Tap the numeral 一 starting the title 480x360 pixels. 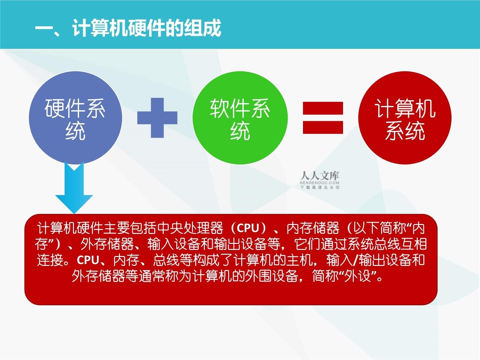point(44,28)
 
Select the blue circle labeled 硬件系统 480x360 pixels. point(75,118)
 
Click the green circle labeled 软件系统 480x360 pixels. point(240,118)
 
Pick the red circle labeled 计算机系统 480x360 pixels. point(404,118)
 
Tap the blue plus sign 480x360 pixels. point(157,118)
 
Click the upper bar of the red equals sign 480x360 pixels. point(323,108)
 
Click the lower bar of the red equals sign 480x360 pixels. point(323,127)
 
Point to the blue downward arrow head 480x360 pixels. point(74,202)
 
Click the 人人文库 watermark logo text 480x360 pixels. point(319,175)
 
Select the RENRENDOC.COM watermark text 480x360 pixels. point(319,183)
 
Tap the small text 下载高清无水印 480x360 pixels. point(319,188)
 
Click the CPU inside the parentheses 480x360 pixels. point(248,228)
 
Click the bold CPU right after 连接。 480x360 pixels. point(88,260)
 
